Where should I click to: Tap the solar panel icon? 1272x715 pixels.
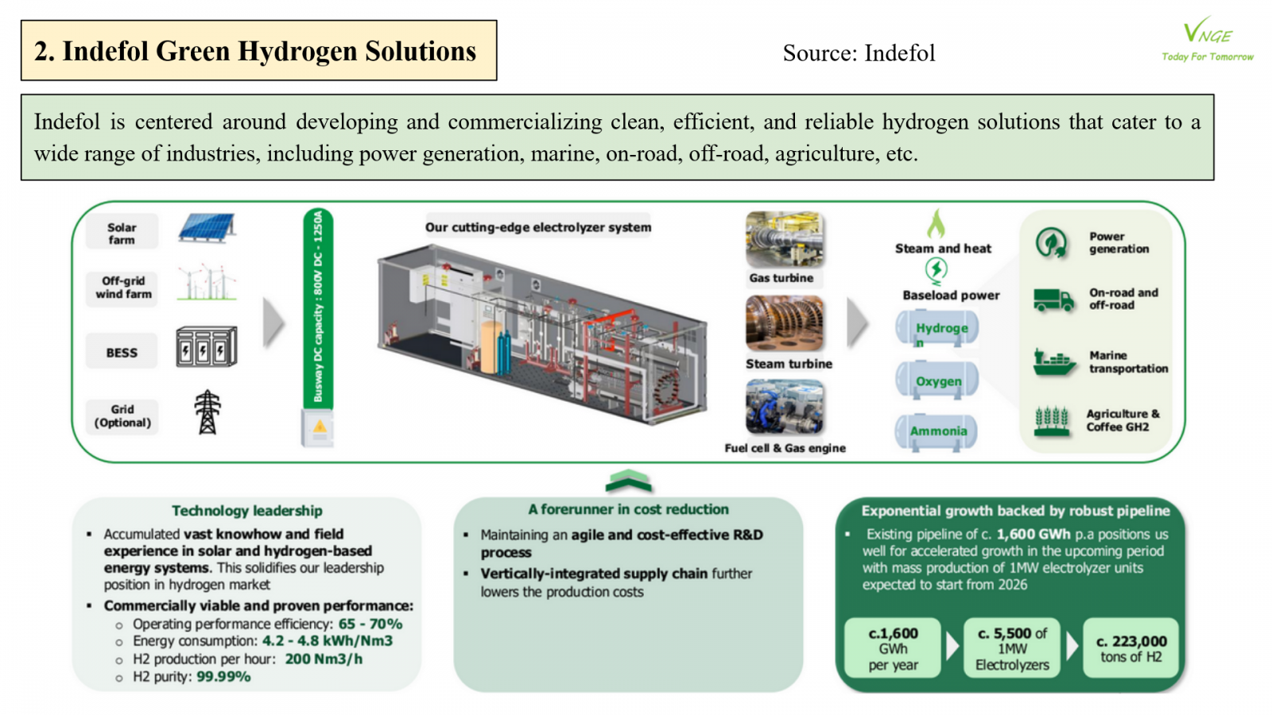(x=207, y=228)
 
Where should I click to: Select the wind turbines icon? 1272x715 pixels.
(x=207, y=282)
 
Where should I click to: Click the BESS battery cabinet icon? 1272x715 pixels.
(x=206, y=346)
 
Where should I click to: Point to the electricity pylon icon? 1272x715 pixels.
(x=207, y=412)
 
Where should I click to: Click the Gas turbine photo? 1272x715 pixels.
(x=784, y=240)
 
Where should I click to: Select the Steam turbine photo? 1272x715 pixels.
(x=784, y=323)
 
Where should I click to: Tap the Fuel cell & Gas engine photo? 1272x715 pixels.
(x=784, y=407)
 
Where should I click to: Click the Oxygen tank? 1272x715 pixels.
(x=937, y=381)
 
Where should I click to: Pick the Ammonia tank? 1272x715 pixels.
(x=937, y=431)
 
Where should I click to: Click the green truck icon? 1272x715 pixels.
(x=1053, y=300)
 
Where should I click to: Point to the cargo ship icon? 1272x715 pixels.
(x=1053, y=361)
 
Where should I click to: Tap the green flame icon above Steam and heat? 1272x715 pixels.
(x=937, y=224)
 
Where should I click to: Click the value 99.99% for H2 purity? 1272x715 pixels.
(x=223, y=677)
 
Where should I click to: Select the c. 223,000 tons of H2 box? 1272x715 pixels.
(x=1130, y=648)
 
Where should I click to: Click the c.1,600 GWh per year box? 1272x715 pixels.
(x=893, y=648)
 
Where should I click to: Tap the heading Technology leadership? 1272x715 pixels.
(x=247, y=511)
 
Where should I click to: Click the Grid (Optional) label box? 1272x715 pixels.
(x=122, y=416)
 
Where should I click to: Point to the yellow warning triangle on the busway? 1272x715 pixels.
(x=320, y=427)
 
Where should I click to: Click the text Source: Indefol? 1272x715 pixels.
(x=859, y=53)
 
